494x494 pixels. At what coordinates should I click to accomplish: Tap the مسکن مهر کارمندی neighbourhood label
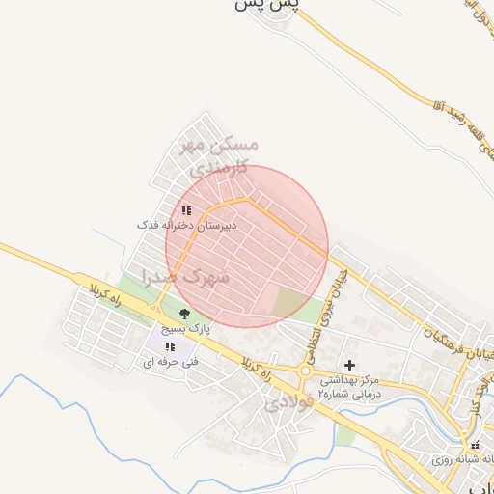pyautogui.click(x=220, y=155)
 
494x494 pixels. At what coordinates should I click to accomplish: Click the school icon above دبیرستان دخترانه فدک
pyautogui.click(x=186, y=209)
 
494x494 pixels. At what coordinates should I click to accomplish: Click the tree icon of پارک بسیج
pyautogui.click(x=184, y=314)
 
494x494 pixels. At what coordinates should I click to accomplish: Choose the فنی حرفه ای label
pyautogui.click(x=171, y=362)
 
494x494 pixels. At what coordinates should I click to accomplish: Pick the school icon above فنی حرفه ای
pyautogui.click(x=170, y=346)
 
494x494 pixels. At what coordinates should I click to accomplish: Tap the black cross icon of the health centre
pyautogui.click(x=349, y=365)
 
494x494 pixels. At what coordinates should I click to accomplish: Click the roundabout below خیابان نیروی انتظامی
pyautogui.click(x=306, y=370)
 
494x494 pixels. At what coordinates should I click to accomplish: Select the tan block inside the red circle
pyautogui.click(x=288, y=304)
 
